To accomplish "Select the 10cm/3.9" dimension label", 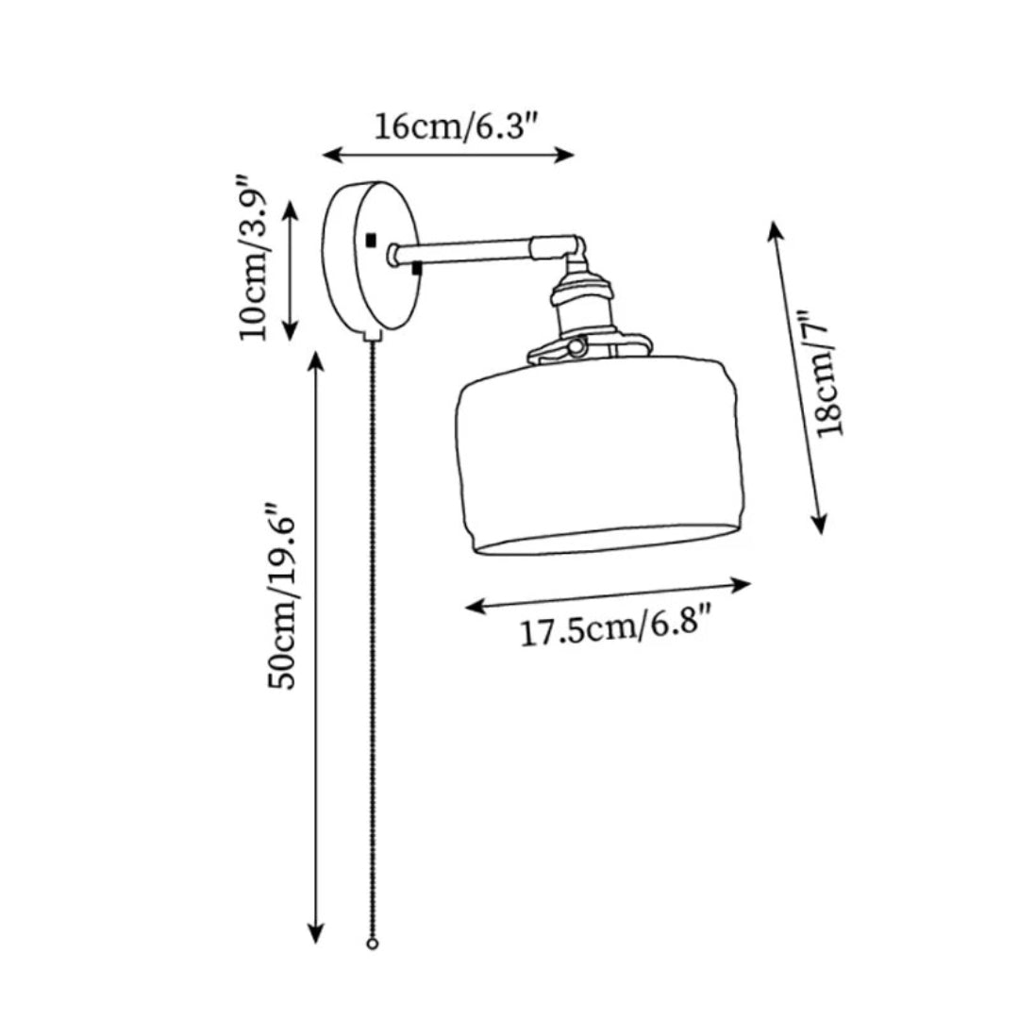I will coord(257,258).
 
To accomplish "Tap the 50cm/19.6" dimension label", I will coord(281,594).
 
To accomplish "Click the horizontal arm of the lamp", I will coord(462,249).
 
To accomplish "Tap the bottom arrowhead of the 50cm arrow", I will coord(317,940).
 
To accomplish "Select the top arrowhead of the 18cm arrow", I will coord(775,226).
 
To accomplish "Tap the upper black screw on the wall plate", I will coord(372,239).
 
